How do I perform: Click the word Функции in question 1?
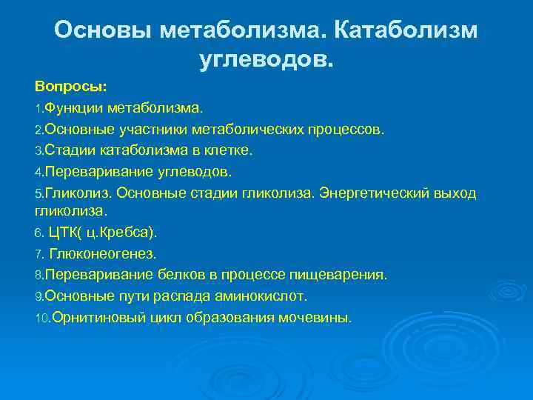coord(73,110)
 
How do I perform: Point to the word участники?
coord(154,130)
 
